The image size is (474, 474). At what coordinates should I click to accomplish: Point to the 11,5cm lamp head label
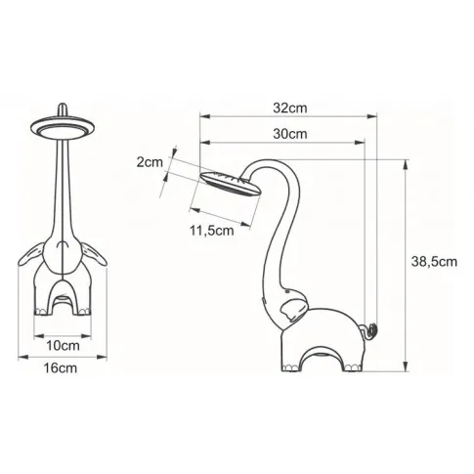click(x=211, y=232)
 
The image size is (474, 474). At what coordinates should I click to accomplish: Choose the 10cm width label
click(x=61, y=344)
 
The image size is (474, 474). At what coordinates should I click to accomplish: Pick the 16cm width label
click(x=61, y=368)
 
